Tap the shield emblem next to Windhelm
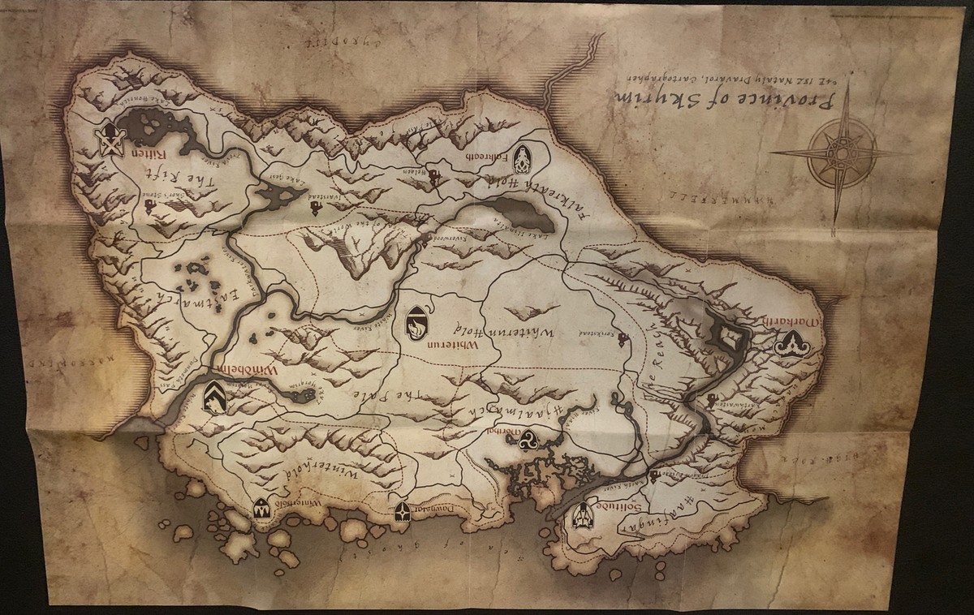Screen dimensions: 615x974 214,397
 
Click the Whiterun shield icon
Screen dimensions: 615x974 416,322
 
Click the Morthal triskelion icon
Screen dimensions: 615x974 532,439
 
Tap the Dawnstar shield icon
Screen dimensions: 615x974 403,511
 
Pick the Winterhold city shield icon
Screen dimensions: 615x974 261,509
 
